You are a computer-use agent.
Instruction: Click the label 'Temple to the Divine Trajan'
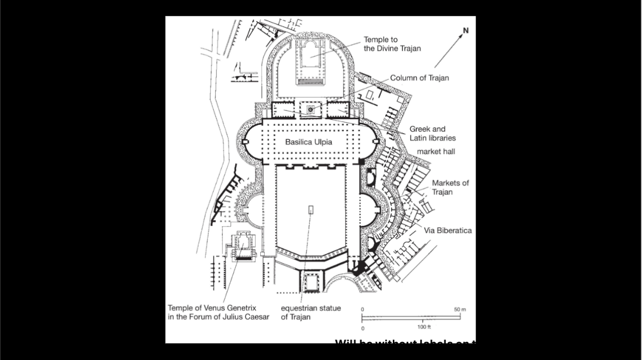pyautogui.click(x=392, y=44)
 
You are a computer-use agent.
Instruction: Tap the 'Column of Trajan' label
pyautogui.click(x=419, y=78)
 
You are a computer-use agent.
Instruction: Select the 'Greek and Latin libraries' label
pyautogui.click(x=432, y=133)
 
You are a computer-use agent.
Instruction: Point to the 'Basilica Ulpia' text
pyautogui.click(x=309, y=142)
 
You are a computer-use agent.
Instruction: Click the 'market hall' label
pyautogui.click(x=436, y=151)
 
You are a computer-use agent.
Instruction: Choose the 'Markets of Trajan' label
pyautogui.click(x=450, y=187)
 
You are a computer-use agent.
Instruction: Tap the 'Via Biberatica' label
pyautogui.click(x=448, y=230)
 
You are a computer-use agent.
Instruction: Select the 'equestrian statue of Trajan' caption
pyautogui.click(x=311, y=312)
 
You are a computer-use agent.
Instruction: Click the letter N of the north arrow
pyautogui.click(x=466, y=30)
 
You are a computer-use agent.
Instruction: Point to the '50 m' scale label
pyautogui.click(x=460, y=310)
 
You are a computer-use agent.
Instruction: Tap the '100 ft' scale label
pyautogui.click(x=424, y=327)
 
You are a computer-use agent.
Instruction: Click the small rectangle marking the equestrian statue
pyautogui.click(x=311, y=209)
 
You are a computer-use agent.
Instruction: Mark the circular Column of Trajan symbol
pyautogui.click(x=311, y=109)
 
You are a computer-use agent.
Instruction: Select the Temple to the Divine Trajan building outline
pyautogui.click(x=311, y=60)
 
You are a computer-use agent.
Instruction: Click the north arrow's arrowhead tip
pyautogui.click(x=462, y=35)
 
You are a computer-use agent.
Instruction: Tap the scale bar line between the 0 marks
pyautogui.click(x=411, y=317)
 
